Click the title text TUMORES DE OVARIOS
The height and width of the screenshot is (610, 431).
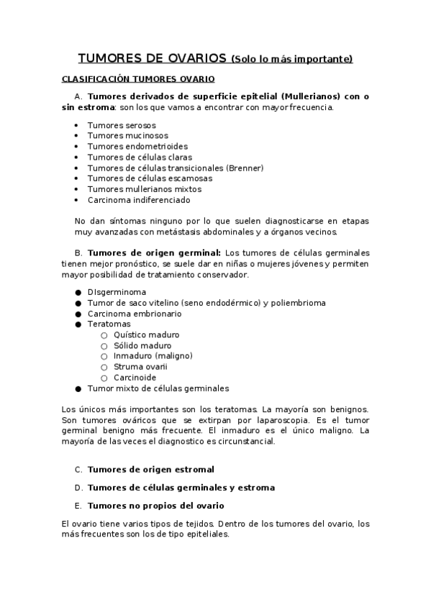click(153, 58)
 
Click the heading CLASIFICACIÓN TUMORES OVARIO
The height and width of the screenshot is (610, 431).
click(138, 78)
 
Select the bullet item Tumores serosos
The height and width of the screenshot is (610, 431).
click(122, 125)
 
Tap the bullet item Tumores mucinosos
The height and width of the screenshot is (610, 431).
click(127, 135)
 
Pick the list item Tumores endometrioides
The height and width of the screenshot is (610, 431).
click(137, 146)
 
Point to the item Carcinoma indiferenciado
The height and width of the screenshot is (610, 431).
click(139, 200)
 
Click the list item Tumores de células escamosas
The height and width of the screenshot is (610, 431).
click(150, 178)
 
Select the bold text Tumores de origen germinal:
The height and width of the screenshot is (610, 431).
click(154, 252)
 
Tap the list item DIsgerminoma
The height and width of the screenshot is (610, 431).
click(117, 292)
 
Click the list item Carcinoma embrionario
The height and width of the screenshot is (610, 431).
click(135, 314)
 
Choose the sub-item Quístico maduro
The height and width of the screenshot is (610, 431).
click(146, 334)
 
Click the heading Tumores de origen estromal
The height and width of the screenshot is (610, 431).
click(150, 470)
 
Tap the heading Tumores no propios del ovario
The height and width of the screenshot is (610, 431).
click(155, 505)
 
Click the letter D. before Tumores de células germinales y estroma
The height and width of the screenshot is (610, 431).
click(78, 488)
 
